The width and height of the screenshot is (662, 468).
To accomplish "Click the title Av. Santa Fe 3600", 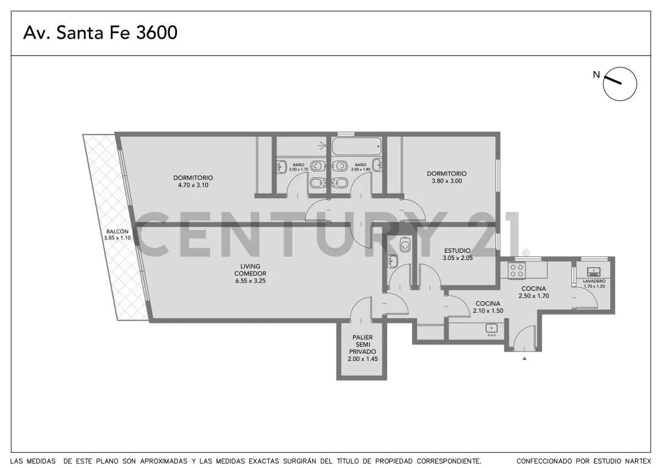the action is (100, 33).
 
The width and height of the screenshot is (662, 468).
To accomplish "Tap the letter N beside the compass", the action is (596, 75).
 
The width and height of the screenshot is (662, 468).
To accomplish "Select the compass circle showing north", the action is (620, 84).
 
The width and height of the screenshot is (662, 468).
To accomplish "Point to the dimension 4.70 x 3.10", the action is (193, 185).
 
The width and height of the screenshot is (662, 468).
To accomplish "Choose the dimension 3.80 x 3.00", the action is (446, 181).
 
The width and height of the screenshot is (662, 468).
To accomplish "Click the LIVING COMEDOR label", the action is (250, 270).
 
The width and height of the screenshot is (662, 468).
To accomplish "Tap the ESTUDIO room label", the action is (457, 251).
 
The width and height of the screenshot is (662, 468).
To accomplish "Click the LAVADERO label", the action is (594, 281).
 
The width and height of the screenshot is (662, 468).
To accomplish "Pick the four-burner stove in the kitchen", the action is (517, 270).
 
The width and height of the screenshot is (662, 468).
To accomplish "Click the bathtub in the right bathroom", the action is (357, 146).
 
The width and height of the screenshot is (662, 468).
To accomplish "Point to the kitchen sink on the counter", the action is (492, 329).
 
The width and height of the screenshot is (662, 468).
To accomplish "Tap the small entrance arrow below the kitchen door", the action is (524, 359).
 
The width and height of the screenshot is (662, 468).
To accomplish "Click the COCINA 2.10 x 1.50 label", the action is (488, 307).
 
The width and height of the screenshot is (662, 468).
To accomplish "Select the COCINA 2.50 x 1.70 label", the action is (534, 292).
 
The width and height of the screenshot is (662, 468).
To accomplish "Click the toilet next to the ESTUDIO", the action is (405, 244).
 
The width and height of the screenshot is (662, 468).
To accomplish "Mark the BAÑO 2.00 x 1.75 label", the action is (298, 167).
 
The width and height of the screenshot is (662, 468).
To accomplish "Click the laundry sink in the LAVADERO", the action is (593, 272).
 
